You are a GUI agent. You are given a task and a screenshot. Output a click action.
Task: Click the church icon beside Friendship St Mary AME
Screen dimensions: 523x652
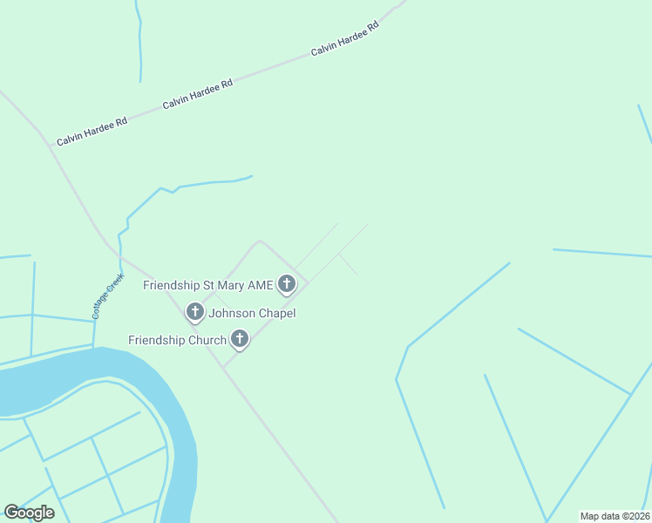point(287,283)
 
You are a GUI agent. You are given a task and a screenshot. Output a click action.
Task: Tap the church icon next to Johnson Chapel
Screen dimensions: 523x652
point(194,311)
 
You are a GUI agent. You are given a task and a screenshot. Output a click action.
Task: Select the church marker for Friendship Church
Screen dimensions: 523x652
point(240,339)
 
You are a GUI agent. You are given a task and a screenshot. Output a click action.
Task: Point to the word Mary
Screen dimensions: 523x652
point(231,285)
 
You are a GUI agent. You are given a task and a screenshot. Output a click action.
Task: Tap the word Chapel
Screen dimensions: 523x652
point(277,313)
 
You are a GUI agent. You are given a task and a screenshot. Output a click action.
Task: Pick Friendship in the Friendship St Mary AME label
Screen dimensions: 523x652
point(172,285)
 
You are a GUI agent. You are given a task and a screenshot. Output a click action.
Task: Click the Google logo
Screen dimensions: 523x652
point(29,513)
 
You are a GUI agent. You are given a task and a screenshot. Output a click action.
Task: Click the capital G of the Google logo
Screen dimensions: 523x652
point(11,513)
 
